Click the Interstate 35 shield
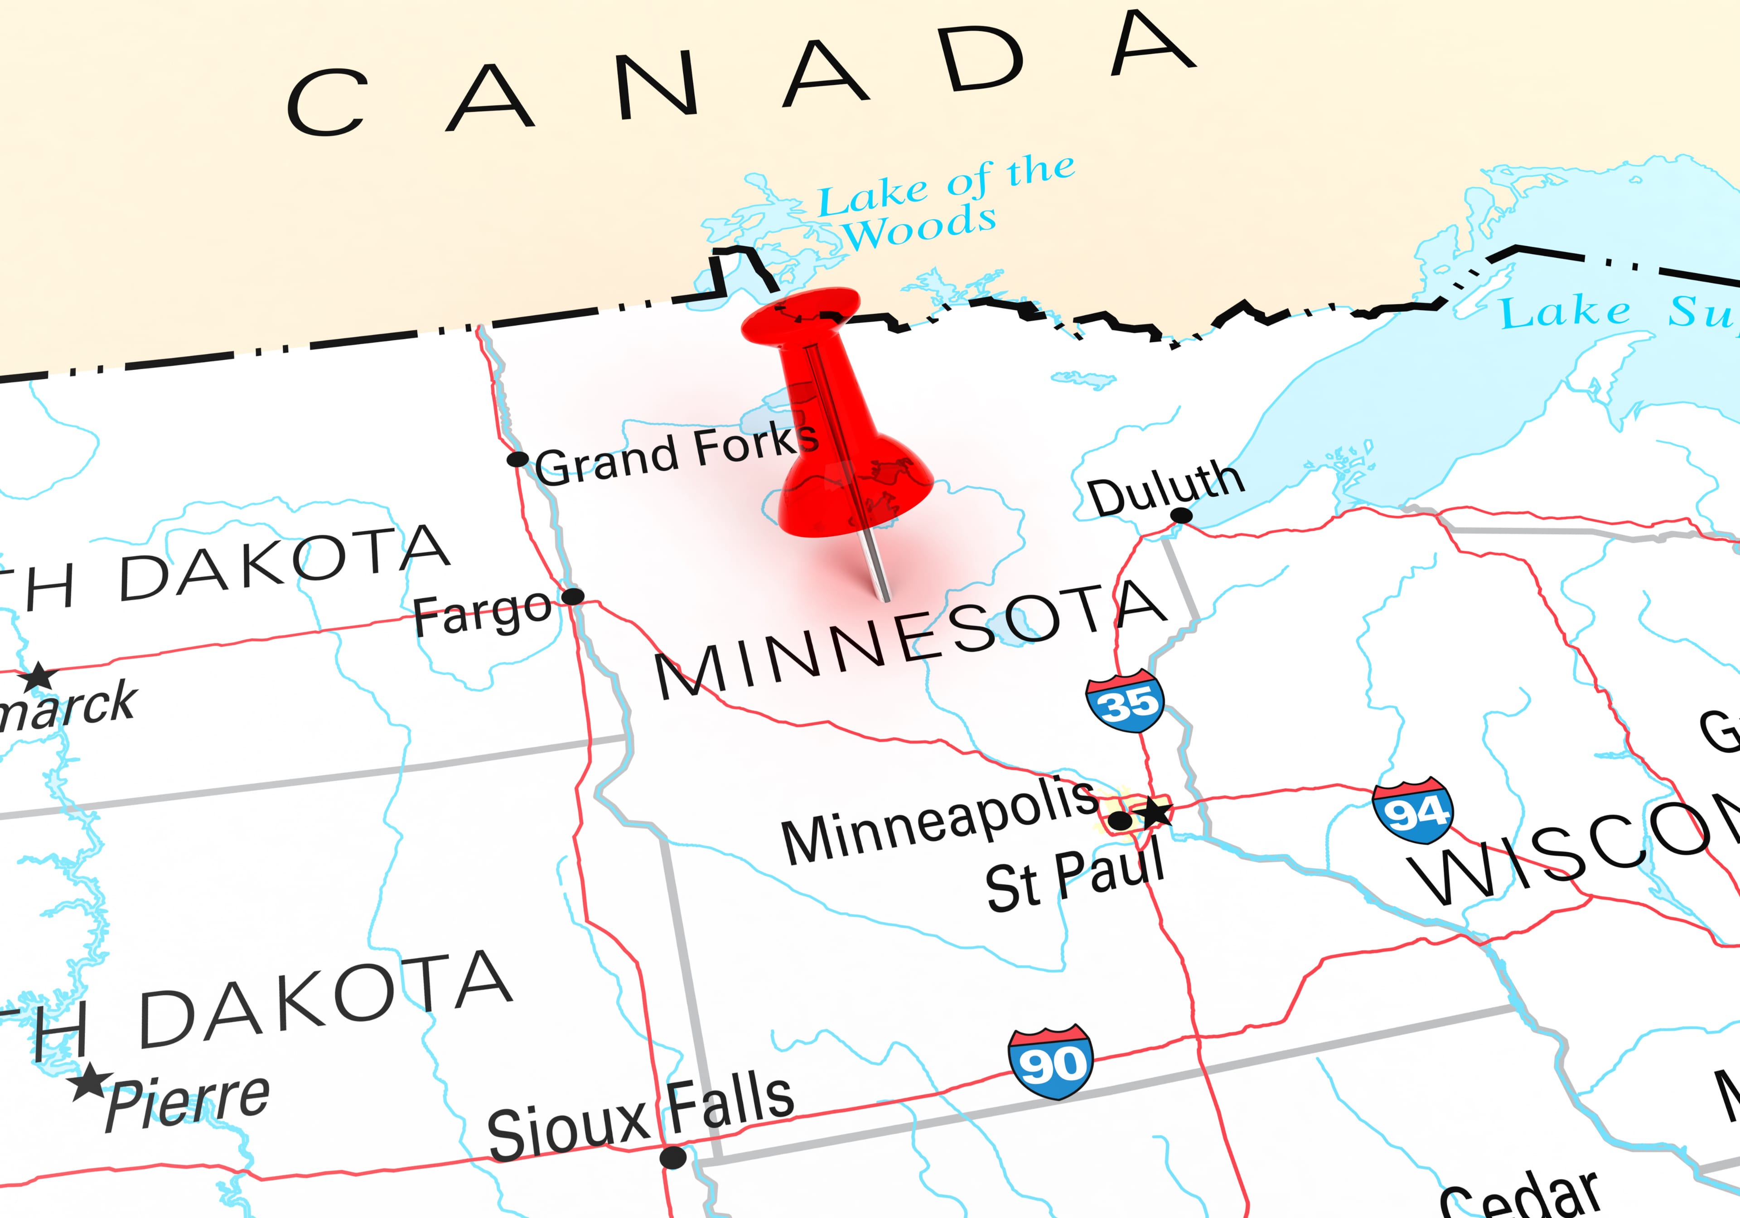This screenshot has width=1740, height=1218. coord(1125,701)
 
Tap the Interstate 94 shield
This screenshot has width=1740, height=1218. coord(1412,811)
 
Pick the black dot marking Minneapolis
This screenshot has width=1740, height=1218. coord(1119,820)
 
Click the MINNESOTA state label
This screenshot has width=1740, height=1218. coord(909,640)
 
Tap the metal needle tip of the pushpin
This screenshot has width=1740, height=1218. coord(885,599)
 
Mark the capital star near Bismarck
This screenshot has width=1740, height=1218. coord(38,677)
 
